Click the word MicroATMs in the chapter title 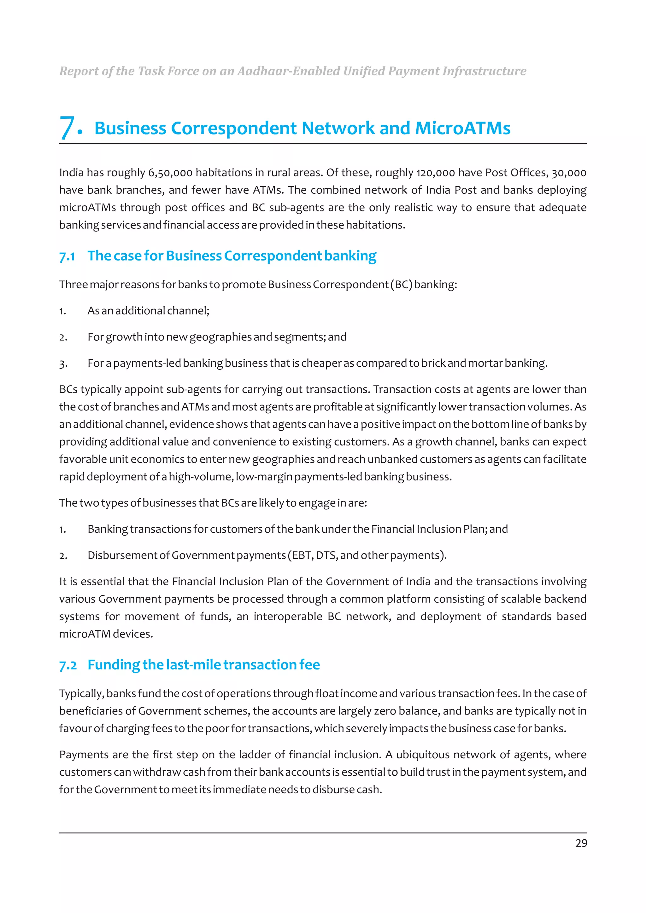[462, 128]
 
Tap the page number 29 [581, 843]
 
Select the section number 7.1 [67, 256]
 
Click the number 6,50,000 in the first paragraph [170, 173]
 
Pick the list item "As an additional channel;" [148, 311]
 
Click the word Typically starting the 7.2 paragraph [82, 693]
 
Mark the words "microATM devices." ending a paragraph [106, 634]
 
